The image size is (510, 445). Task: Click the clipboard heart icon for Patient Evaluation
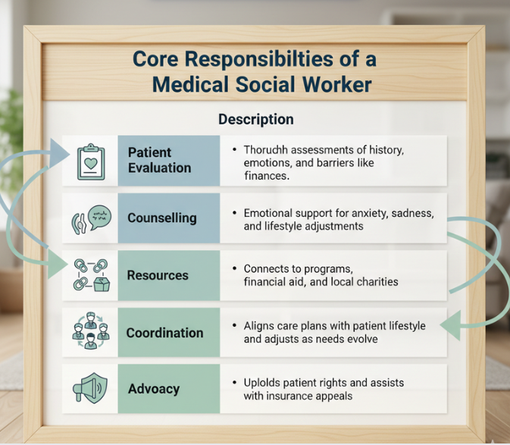coord(91,161)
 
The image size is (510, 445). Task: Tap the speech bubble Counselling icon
coord(91,218)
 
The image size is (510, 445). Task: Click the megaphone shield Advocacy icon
coord(91,389)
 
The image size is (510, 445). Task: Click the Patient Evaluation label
coord(159,160)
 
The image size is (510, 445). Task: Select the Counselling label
coord(161,218)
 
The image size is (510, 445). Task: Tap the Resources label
coord(158,275)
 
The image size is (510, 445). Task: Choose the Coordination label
coord(164,333)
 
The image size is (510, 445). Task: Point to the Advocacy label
coord(154,389)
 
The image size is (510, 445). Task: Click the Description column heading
coord(255,120)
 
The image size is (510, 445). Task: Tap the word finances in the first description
coord(267,176)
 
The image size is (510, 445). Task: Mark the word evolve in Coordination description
coord(359,339)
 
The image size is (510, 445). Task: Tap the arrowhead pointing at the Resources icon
coord(59,266)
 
